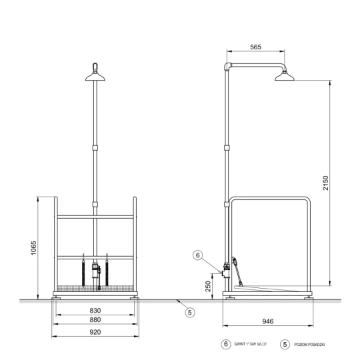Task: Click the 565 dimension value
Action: [255, 47]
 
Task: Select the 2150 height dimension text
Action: [325, 183]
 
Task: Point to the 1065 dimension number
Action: [33, 248]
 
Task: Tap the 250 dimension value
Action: [208, 286]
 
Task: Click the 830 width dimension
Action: [95, 311]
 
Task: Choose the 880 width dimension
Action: [95, 320]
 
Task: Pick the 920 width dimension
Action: [95, 332]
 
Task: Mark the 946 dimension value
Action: [268, 321]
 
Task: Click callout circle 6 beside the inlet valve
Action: [198, 255]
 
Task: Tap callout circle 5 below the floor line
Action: [190, 313]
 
